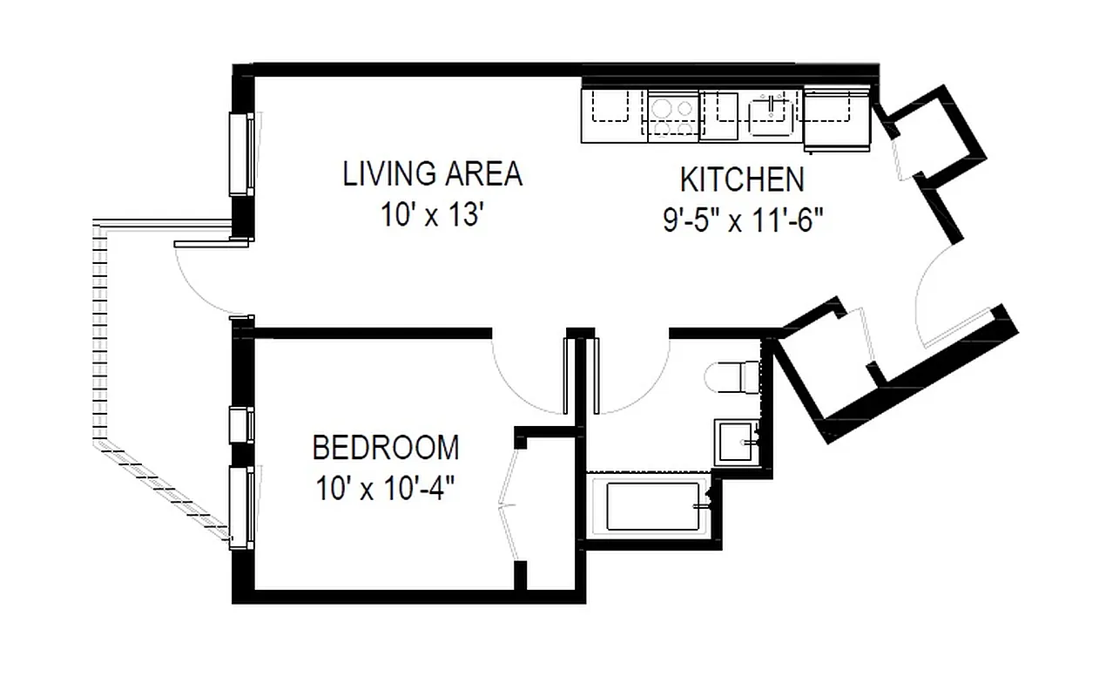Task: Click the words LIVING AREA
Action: tap(432, 174)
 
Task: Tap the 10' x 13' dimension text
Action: tap(432, 215)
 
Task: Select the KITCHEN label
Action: tap(741, 180)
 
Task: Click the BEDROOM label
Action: tap(385, 448)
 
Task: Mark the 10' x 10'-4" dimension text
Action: tap(385, 489)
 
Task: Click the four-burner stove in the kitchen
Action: tap(672, 117)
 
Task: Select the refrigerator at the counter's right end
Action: tap(836, 115)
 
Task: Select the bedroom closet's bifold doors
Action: tap(510, 501)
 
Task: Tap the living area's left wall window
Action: tap(240, 155)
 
